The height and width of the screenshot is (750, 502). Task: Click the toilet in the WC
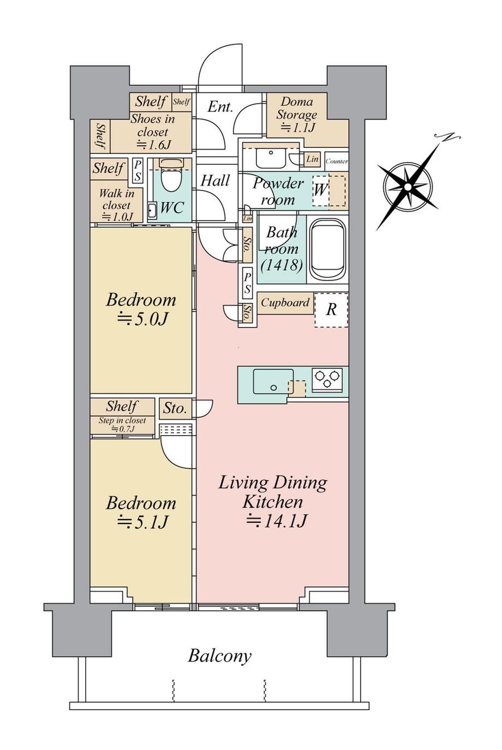(x=171, y=175)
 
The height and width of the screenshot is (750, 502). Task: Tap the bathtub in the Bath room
(x=327, y=249)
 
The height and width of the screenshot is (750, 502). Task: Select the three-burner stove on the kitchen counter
(x=327, y=379)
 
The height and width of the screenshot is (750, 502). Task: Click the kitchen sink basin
(x=273, y=382)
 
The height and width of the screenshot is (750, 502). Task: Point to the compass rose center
(x=408, y=187)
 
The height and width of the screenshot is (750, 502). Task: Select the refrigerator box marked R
(x=331, y=309)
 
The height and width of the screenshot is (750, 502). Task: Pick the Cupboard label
(x=285, y=303)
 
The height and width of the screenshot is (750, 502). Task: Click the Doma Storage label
(x=296, y=108)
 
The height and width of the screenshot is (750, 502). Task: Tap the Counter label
(x=337, y=162)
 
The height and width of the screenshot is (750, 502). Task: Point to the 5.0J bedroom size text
(x=142, y=320)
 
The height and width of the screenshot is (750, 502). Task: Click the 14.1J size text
(x=277, y=521)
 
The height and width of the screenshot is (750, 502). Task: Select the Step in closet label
(x=122, y=420)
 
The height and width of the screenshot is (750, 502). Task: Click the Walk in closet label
(x=117, y=199)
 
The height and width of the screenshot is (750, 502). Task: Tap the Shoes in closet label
(x=152, y=126)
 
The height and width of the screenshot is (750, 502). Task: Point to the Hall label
(x=215, y=181)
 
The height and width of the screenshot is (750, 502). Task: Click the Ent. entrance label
(x=220, y=107)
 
